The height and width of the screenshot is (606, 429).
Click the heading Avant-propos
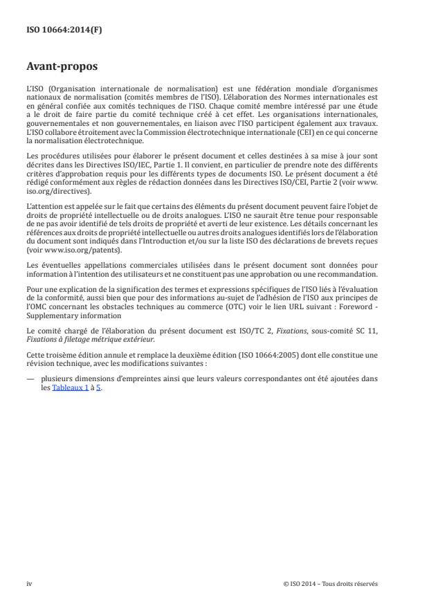click(62, 68)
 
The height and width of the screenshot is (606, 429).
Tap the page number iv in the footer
click(29, 583)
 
